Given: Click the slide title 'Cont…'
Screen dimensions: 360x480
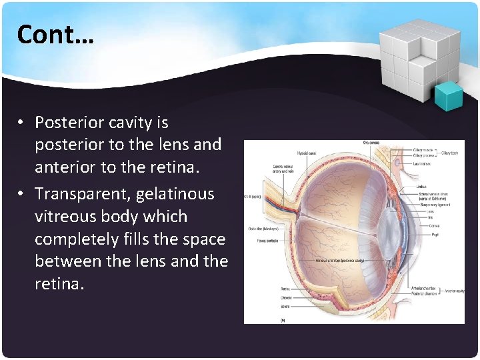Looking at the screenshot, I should [x=56, y=34].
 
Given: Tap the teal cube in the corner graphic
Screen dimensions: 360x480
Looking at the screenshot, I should [x=449, y=97].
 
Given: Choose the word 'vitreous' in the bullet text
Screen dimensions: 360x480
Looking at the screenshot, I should [x=64, y=217].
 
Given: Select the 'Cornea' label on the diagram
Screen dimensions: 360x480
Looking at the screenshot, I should [x=434, y=226].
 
